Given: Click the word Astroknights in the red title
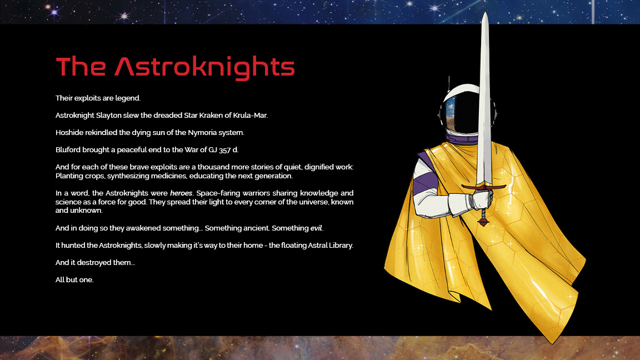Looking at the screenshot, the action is tap(204, 67).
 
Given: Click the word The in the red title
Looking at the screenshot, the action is tap(81, 66).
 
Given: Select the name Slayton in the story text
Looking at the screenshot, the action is tap(109, 116).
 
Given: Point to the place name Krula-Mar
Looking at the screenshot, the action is tap(250, 116).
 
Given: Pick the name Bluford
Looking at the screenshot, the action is tap(68, 150).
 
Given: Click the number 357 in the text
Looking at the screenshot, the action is tap(225, 150).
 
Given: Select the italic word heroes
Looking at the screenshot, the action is tap(181, 193).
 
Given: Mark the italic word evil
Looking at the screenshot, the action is tap(316, 228).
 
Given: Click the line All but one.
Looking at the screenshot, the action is tap(74, 280).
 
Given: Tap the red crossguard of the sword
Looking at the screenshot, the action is tap(484, 187).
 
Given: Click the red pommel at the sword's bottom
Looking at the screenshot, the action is tap(483, 222).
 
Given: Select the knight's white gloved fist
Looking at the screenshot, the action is tap(481, 200).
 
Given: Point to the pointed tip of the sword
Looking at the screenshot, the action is tap(485, 12).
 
